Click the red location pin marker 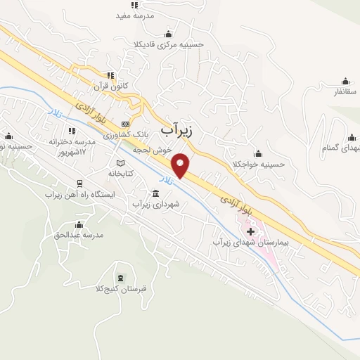[x=181, y=164]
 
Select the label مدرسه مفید [x=134, y=15]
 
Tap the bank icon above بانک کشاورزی [x=125, y=123]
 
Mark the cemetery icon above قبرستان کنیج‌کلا [x=122, y=278]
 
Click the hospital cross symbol [x=250, y=231]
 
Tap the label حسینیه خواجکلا [x=258, y=165]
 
